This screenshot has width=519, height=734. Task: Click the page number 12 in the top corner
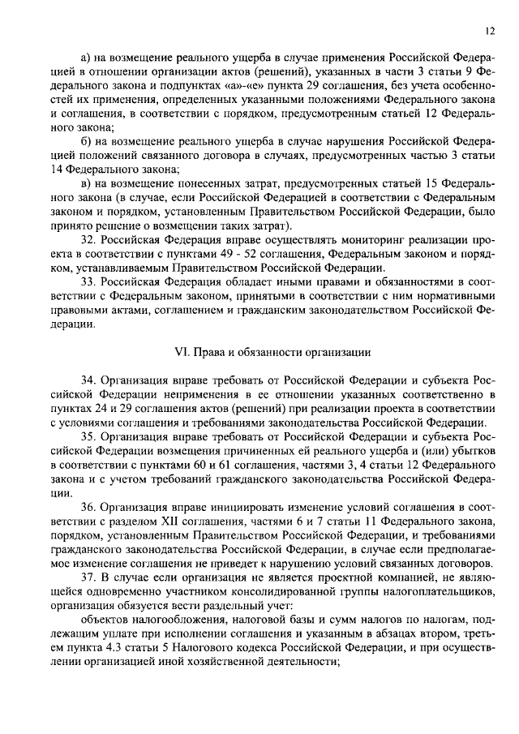point(491,31)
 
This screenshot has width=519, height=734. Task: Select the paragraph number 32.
point(89,239)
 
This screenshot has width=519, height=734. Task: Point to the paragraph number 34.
point(89,380)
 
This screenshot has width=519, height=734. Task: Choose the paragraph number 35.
point(89,436)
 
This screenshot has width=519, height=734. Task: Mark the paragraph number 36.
point(89,507)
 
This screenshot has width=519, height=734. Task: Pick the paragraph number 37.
point(89,577)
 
